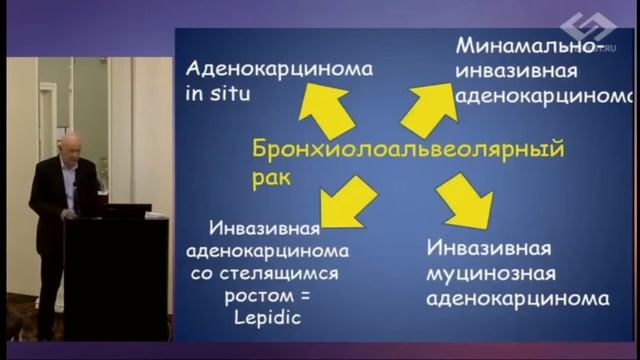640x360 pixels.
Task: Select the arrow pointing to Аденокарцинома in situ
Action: (x=328, y=109)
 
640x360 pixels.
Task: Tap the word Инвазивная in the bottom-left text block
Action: (x=265, y=228)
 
